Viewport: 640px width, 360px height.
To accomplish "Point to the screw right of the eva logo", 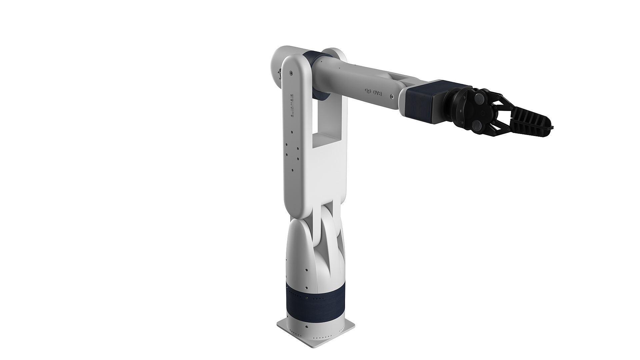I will tap(392, 97).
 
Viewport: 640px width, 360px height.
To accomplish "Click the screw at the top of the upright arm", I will tap(292, 72).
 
